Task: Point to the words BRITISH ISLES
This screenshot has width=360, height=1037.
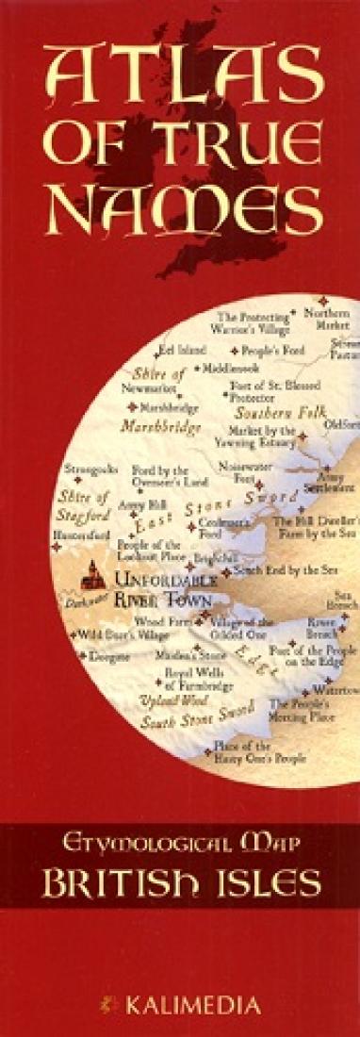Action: (180, 882)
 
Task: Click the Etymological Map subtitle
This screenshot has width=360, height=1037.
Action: (180, 844)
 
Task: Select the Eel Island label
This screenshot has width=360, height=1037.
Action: (182, 350)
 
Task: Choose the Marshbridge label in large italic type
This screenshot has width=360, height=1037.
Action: (160, 427)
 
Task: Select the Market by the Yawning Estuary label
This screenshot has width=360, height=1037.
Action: (262, 436)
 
